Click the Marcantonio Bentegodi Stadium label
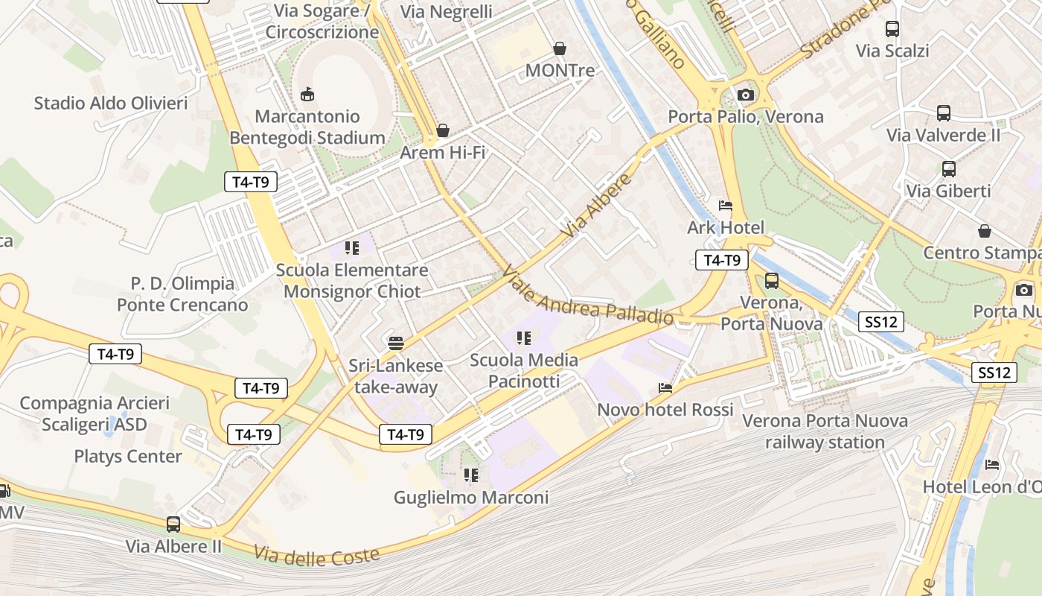point(307,127)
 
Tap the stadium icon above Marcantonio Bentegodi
point(307,94)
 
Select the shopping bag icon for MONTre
point(560,49)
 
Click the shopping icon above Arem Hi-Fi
point(443,131)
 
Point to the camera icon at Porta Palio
point(745,95)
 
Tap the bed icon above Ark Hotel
point(725,206)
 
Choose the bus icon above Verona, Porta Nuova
point(772,281)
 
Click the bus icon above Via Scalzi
point(892,29)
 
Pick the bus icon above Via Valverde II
point(944,113)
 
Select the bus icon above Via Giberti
point(949,169)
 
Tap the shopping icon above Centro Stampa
point(985,231)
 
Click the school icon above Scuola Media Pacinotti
point(524,338)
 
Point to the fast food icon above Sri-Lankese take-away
point(396,343)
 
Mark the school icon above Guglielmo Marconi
point(471,475)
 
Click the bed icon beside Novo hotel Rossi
point(665,388)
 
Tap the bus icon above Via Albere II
point(173,524)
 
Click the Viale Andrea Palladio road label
point(587,297)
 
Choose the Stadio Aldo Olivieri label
point(111,103)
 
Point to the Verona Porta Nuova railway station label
point(825,431)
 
